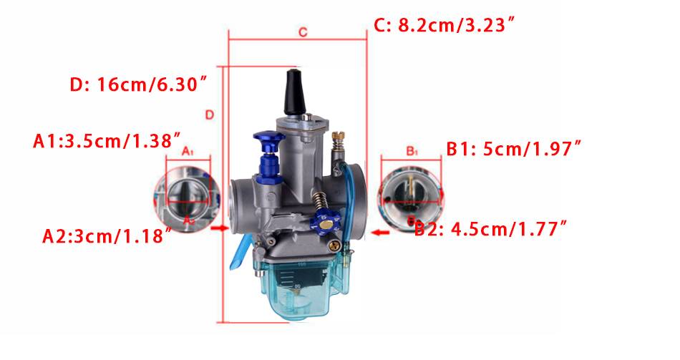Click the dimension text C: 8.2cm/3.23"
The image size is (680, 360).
coord(445,25)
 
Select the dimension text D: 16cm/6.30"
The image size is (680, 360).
coord(138,84)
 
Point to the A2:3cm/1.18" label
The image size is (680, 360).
coord(107,236)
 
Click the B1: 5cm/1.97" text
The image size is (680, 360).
coord(513,149)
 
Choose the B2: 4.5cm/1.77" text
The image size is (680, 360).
coord(490,228)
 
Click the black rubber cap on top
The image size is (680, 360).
coord(294,92)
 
